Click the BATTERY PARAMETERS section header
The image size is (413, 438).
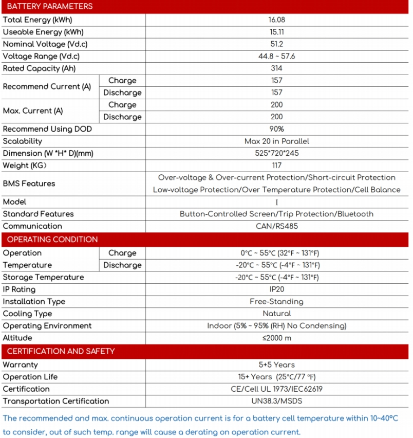[x=50, y=7]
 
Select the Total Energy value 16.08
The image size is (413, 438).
[x=276, y=20]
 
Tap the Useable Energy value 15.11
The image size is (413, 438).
[x=276, y=32]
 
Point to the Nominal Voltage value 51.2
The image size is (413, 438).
[x=276, y=44]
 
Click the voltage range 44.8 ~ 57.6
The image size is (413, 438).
[x=276, y=56]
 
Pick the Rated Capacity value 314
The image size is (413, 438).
[x=276, y=68]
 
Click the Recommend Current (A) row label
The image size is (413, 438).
[x=47, y=86]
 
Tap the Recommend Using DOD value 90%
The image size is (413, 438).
[x=276, y=129]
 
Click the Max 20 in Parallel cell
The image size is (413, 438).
[x=276, y=141]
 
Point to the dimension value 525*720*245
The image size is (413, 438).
[x=276, y=153]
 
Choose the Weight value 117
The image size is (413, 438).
[x=276, y=166]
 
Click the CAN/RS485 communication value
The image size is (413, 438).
[x=276, y=226]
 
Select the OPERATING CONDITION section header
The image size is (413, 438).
[x=52, y=240]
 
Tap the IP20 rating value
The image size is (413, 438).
[x=276, y=289]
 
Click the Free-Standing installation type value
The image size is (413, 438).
[x=276, y=302]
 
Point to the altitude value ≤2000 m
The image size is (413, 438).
[x=276, y=338]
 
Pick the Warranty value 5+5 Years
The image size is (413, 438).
[x=276, y=365]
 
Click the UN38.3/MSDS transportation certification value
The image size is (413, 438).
[x=276, y=401]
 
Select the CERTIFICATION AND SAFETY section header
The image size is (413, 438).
[x=61, y=352]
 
